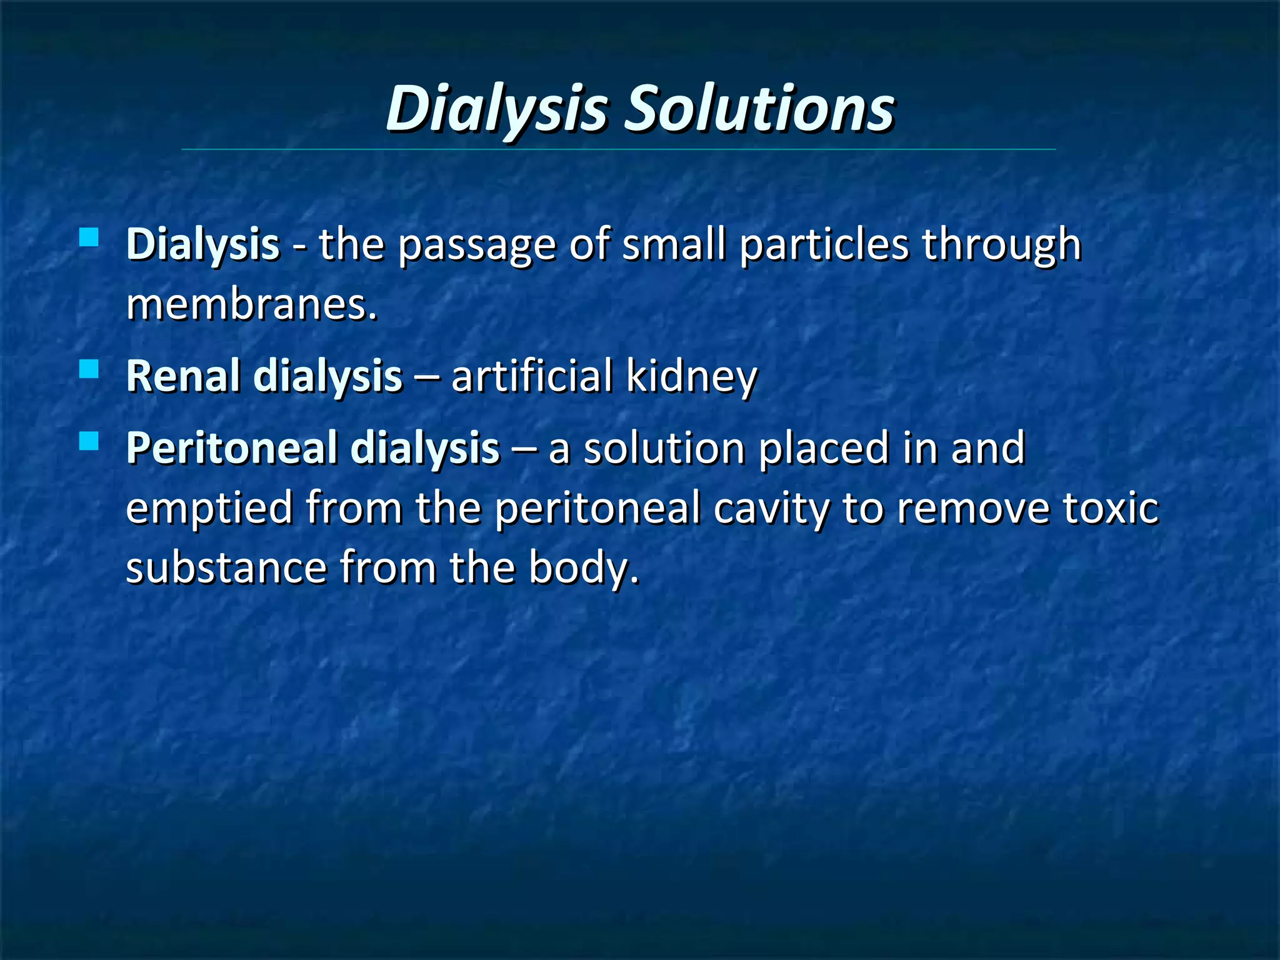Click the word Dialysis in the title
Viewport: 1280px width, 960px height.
[497, 109]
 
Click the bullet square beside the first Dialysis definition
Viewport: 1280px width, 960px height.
[89, 237]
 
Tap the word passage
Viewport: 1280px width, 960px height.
[476, 246]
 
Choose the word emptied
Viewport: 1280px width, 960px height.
[209, 508]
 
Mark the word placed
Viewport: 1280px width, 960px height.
[824, 449]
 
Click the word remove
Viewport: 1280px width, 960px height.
[973, 508]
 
